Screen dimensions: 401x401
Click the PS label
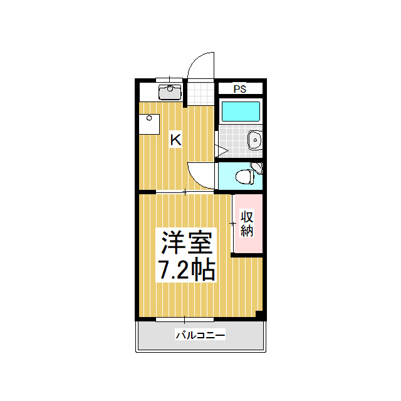(240, 89)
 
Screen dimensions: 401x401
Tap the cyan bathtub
(241, 112)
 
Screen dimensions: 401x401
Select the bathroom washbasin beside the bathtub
(255, 140)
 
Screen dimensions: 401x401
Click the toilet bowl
(244, 177)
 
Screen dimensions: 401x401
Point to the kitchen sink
(170, 92)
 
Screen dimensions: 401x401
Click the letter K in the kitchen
(176, 140)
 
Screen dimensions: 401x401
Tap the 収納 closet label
(247, 224)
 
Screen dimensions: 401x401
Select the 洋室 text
(187, 242)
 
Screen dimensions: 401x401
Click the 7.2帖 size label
(187, 270)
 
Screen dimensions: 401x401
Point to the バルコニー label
(200, 335)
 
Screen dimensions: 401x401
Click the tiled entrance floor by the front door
(200, 93)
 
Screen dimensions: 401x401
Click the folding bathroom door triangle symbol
(221, 150)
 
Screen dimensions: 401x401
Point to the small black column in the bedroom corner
(259, 315)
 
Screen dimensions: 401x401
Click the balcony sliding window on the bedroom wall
(185, 320)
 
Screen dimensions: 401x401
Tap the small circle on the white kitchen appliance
(149, 118)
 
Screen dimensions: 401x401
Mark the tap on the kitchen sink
(170, 88)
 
